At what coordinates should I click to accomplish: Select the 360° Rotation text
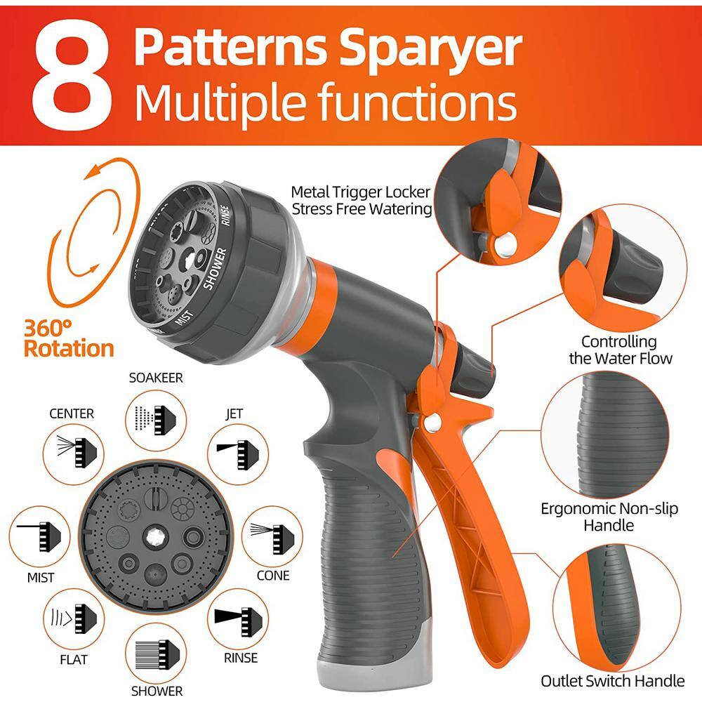click(68, 338)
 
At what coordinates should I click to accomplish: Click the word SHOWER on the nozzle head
click(213, 268)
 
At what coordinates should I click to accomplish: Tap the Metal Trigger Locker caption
click(362, 200)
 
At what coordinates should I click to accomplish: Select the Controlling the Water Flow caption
click(618, 350)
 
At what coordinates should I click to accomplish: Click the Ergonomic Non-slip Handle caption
click(609, 517)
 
